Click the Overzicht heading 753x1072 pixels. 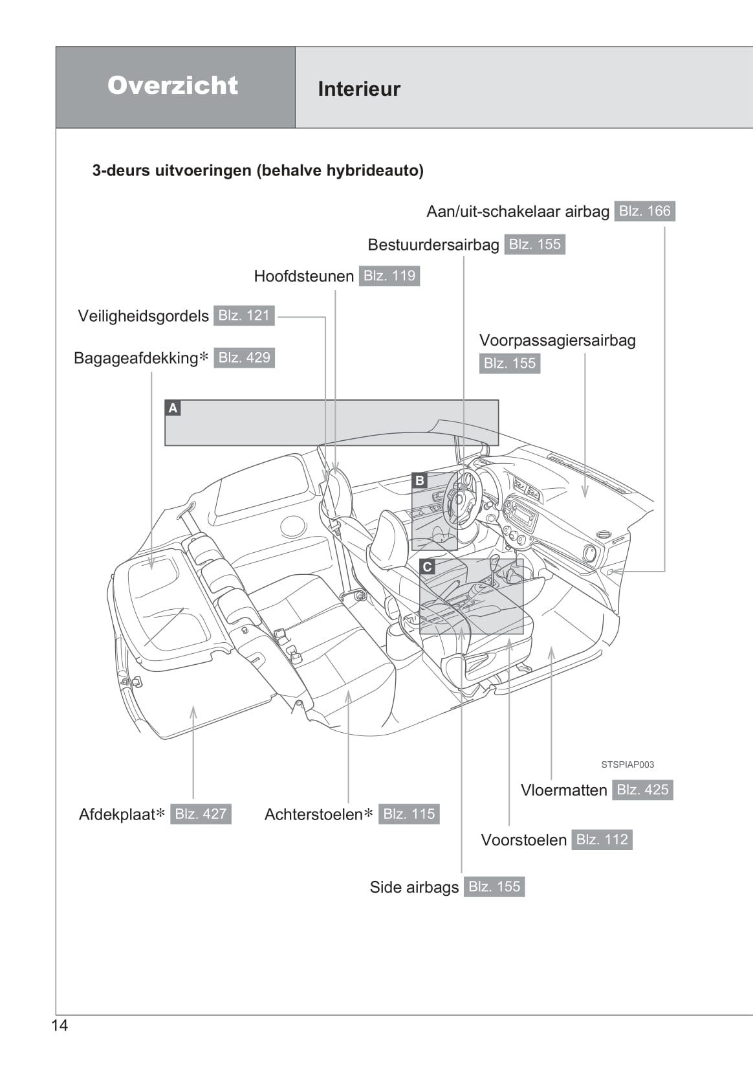click(x=173, y=85)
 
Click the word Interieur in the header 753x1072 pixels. click(x=359, y=89)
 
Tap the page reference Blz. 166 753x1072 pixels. click(x=644, y=211)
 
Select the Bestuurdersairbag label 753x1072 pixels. click(x=433, y=245)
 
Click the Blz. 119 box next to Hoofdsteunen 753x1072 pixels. click(x=389, y=276)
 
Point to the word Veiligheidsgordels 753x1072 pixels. click(x=143, y=316)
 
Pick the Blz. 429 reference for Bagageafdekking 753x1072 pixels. click(x=244, y=357)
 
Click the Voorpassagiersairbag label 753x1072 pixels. click(x=557, y=341)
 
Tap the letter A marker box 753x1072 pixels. click(x=173, y=408)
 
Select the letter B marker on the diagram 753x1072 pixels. click(x=420, y=480)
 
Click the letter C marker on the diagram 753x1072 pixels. click(x=427, y=567)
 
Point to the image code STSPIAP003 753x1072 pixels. click(x=627, y=765)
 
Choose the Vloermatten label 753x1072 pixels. click(x=563, y=790)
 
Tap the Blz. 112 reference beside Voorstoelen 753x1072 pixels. click(x=602, y=840)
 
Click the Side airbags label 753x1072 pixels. click(x=414, y=887)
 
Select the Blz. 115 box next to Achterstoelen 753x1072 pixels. click(x=409, y=814)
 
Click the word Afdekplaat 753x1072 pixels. click(x=117, y=814)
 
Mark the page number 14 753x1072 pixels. click(x=60, y=1025)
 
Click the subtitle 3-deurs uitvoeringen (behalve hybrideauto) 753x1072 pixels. click(x=257, y=171)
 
